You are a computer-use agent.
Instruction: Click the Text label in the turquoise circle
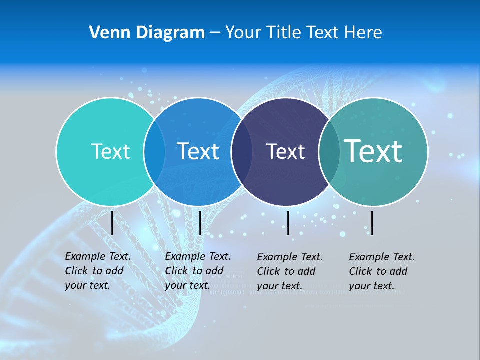(110, 151)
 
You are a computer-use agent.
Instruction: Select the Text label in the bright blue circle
(198, 151)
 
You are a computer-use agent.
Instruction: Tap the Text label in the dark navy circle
(285, 151)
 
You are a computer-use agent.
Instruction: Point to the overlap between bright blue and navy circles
(242, 151)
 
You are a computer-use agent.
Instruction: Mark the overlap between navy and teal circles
(329, 151)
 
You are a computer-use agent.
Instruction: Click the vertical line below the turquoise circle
(112, 223)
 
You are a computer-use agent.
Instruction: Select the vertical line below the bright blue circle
(200, 223)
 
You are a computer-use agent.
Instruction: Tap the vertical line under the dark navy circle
(288, 223)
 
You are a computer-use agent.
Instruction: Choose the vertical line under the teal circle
(372, 223)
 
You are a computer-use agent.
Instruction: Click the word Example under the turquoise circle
(85, 257)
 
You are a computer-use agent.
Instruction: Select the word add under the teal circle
(398, 271)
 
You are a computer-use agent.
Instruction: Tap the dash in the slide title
(215, 33)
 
